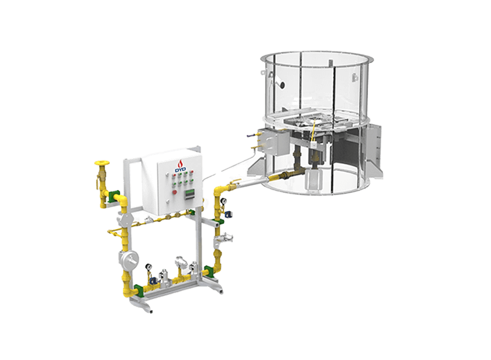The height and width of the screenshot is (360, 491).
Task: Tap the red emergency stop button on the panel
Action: [x=175, y=192]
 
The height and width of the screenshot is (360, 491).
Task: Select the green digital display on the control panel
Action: [x=189, y=194]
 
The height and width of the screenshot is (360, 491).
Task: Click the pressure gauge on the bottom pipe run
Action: [x=148, y=267]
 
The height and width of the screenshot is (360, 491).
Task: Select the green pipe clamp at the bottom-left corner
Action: [x=139, y=290]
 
